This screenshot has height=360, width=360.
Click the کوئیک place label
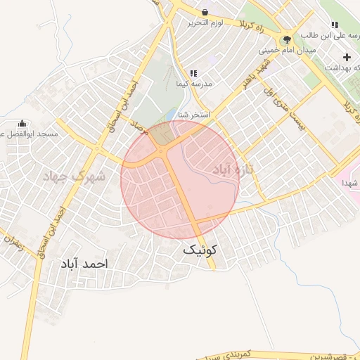(x=200, y=250)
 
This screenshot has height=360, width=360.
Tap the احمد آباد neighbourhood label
(x=83, y=264)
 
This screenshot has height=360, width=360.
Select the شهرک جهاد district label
(x=73, y=175)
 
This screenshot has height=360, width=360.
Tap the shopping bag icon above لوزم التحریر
(x=205, y=12)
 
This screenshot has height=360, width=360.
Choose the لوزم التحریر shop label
(x=205, y=23)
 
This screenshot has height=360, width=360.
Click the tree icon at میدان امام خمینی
(x=285, y=39)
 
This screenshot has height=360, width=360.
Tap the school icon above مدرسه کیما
(x=193, y=72)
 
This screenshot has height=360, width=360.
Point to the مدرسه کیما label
(x=194, y=83)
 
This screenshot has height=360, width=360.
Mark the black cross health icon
(x=346, y=56)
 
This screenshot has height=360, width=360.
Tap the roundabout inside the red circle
(x=162, y=150)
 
